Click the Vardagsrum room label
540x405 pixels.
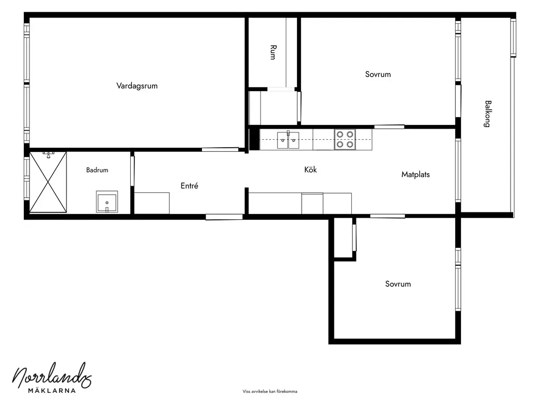[137, 86]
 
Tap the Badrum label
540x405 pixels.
[97, 170]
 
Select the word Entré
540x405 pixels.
[189, 186]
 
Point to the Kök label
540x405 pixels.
[310, 169]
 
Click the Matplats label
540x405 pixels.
[416, 175]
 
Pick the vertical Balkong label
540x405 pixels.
[488, 114]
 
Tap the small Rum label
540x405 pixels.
[273, 52]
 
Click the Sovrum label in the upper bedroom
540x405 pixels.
[378, 74]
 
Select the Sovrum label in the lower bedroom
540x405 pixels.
[398, 284]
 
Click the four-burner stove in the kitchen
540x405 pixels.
[345, 139]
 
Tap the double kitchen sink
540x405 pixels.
[288, 140]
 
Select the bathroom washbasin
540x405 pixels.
[107, 201]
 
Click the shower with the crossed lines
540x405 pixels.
[48, 182]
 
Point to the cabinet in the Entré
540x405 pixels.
[152, 203]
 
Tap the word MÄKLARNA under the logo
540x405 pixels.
[52, 391]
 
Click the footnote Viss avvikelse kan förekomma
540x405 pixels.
[269, 391]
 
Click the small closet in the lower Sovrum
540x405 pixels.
[343, 237]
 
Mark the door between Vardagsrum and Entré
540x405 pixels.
[220, 149]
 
